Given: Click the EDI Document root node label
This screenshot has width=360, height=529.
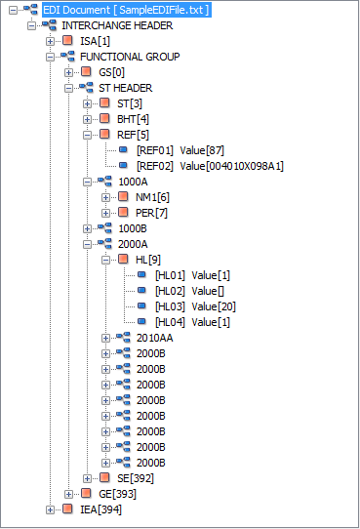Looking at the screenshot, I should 126,9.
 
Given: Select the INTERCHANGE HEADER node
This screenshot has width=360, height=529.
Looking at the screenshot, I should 111,25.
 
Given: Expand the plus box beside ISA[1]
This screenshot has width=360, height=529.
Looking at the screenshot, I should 51,41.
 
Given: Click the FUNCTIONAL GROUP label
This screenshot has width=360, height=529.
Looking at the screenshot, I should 130,57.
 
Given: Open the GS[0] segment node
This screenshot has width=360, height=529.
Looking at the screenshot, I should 112,72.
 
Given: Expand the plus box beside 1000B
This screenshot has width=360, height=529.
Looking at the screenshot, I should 88,228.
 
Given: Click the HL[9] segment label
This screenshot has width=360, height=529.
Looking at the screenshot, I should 147,260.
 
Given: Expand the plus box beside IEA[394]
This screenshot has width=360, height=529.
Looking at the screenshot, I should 51,509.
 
